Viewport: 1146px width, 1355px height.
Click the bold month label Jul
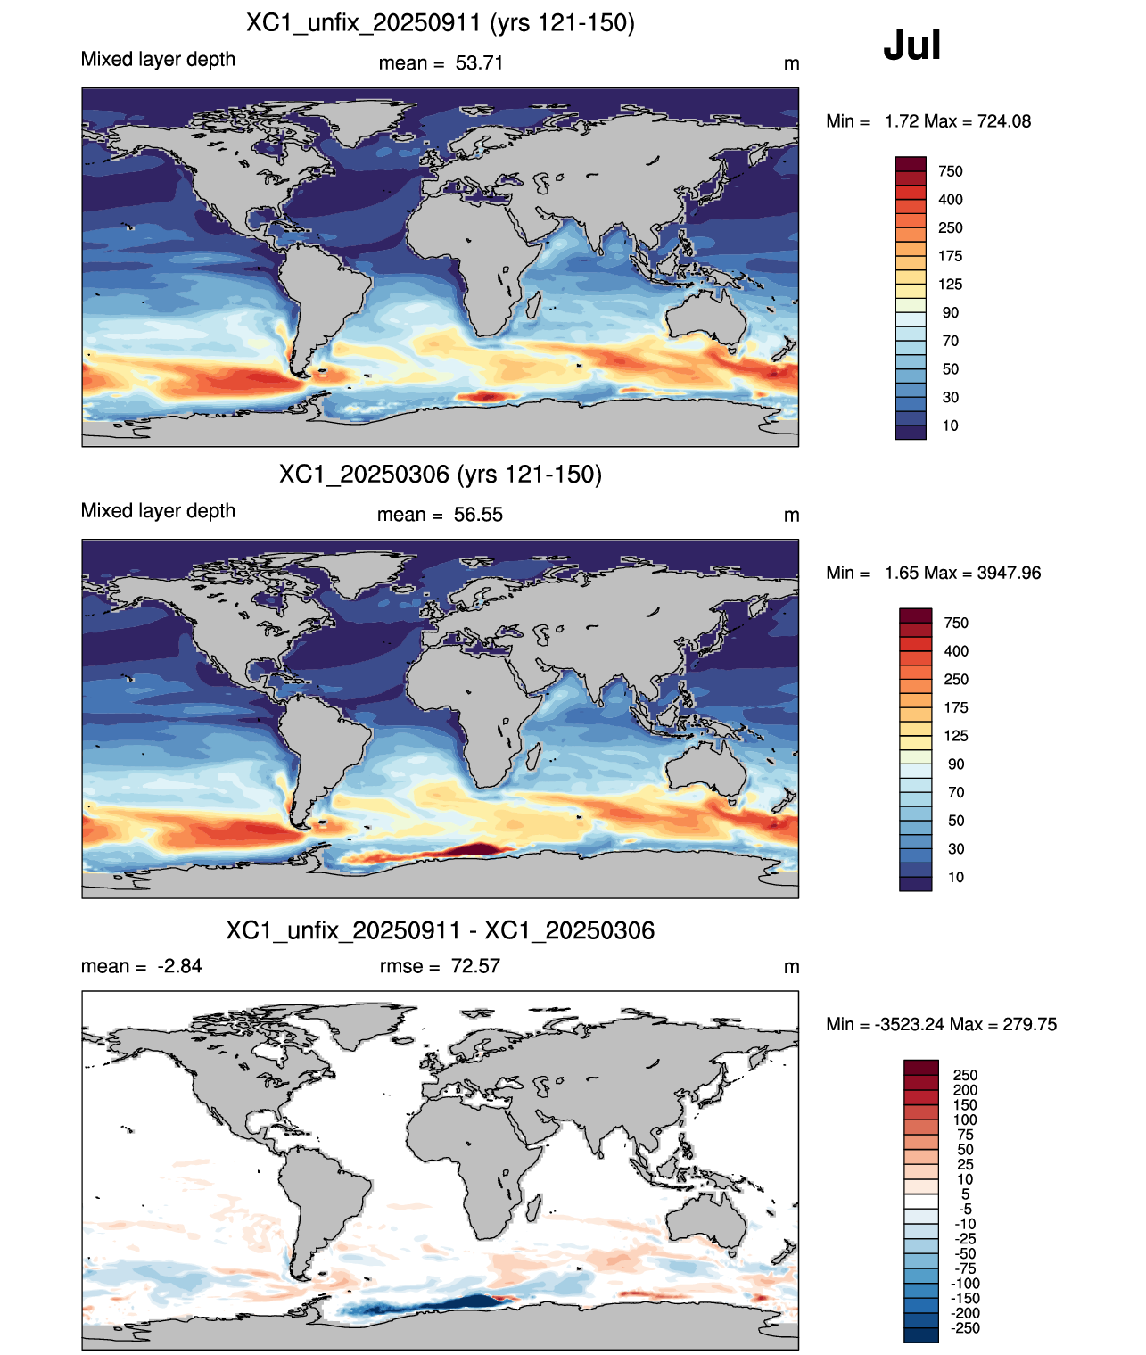[x=911, y=45]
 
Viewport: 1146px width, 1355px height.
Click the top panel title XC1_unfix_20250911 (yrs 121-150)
[x=441, y=23]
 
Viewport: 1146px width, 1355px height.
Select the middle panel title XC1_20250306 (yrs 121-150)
[x=441, y=474]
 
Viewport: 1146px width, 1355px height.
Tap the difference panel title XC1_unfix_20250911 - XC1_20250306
[x=441, y=930]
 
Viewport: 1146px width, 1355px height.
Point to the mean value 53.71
[x=479, y=63]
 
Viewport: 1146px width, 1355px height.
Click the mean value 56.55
[x=478, y=515]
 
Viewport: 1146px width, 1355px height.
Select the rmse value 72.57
[x=475, y=965]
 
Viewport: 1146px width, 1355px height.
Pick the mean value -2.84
[x=179, y=965]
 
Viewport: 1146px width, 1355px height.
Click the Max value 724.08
[x=1004, y=121]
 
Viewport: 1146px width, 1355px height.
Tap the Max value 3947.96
[x=1009, y=573]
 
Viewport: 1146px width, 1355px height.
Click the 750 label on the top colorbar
[x=950, y=171]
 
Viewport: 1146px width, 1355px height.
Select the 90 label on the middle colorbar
[x=956, y=764]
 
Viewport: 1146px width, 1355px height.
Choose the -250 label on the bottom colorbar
[x=965, y=1328]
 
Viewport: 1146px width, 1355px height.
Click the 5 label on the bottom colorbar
[x=965, y=1194]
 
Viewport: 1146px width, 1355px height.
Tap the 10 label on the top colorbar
[x=950, y=426]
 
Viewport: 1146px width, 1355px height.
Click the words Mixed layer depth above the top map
[x=158, y=59]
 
